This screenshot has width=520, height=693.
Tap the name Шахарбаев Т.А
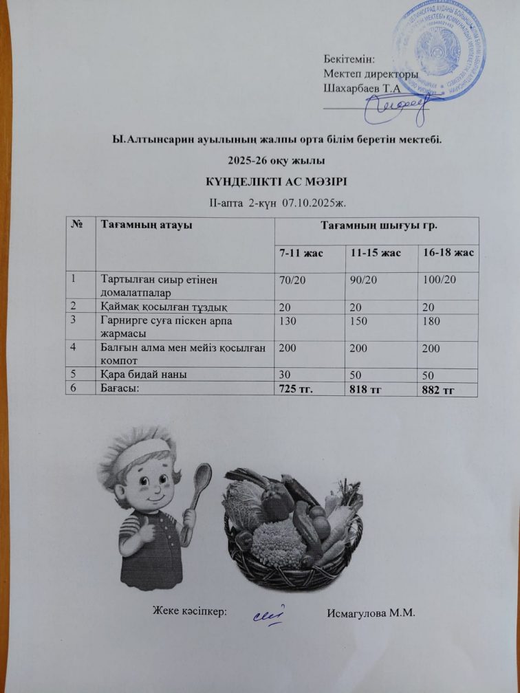(x=361, y=87)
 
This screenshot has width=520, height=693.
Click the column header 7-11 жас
(x=301, y=253)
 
